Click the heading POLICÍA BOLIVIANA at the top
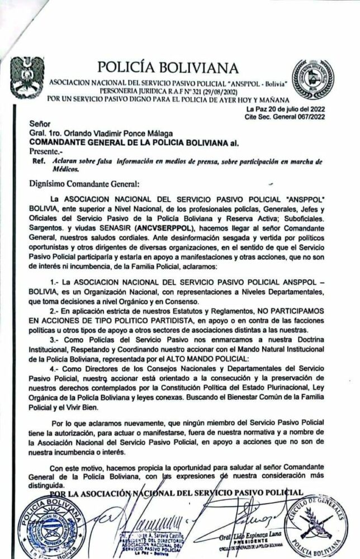[168, 68]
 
